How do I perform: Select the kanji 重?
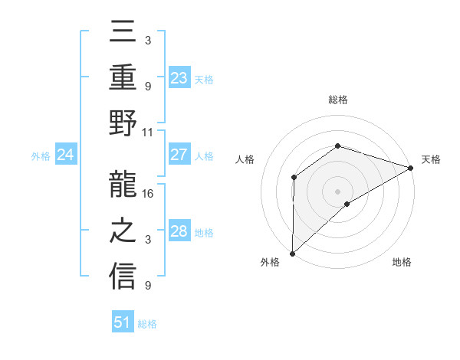coord(123,79)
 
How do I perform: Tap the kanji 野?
coord(123,125)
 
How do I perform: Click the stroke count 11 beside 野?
coord(148,133)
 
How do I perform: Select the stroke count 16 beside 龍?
coord(149,194)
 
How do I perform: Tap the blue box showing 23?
coord(179,78)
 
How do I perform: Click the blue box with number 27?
coord(179,155)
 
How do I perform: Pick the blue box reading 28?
coord(179,231)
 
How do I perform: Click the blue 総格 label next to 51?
coord(147,324)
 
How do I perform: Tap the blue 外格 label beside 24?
coord(41,156)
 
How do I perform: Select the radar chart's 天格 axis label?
coord(431,159)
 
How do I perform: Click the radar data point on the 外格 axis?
coord(292,254)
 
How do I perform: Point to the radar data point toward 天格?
coord(411,168)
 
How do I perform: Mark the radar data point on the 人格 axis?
coord(294,178)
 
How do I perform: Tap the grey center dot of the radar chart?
coord(337,191)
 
